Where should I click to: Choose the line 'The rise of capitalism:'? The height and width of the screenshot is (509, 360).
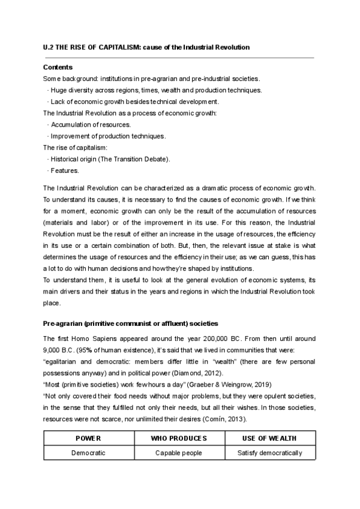76,147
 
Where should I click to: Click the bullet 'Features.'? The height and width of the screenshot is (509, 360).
61,170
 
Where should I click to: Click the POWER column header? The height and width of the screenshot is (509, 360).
88,439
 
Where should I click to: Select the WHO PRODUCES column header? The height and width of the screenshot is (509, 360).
179,439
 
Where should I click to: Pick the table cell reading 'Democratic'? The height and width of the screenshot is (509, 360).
88,453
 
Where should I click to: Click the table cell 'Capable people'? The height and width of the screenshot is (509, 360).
179,453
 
